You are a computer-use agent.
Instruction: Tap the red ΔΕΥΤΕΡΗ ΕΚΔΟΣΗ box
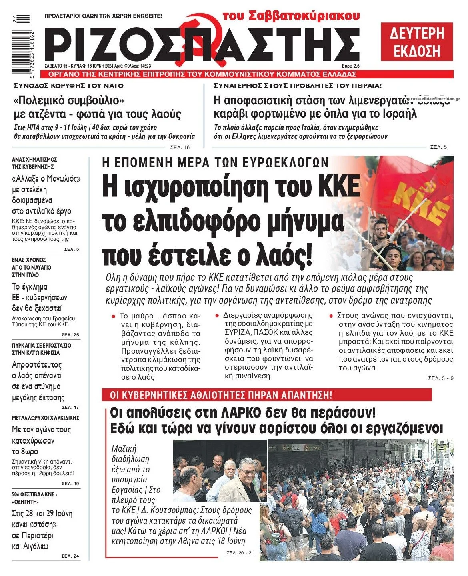(417, 42)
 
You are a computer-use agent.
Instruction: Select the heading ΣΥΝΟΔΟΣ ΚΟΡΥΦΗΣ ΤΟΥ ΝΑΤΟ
(68, 86)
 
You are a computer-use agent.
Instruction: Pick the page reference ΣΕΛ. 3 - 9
(441, 378)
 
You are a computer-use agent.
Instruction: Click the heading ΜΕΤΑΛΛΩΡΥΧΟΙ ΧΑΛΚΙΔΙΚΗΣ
(46, 418)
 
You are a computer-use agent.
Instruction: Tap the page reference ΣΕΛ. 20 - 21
(240, 553)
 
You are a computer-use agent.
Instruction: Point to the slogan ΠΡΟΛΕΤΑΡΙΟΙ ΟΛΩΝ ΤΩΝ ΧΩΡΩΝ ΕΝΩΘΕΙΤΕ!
(103, 16)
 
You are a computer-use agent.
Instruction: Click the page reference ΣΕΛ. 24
(70, 556)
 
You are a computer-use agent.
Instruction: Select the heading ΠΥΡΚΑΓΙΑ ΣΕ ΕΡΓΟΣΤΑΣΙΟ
(42, 345)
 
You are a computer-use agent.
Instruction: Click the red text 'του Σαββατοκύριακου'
(291, 16)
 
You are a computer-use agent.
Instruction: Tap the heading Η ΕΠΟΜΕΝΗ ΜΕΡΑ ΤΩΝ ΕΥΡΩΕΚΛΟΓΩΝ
(215, 163)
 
